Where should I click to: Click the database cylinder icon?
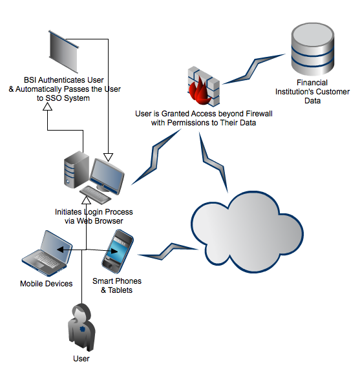pos(312,49)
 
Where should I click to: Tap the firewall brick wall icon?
pos(204,86)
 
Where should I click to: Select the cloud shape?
pos(247,231)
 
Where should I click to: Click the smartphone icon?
pos(118,251)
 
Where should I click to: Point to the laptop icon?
pos(47,253)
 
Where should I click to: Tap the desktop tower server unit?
pos(76,169)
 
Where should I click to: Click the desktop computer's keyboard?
pos(96,195)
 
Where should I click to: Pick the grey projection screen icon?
pos(64,52)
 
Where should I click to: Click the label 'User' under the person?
pos(81,359)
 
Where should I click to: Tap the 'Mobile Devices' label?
pos(47,284)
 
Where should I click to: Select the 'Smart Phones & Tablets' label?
pos(117,286)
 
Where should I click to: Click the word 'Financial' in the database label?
pos(312,83)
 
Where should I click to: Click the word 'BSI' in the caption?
pos(30,80)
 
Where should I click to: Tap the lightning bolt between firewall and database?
pos(254,69)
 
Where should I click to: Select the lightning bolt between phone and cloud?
pos(168,251)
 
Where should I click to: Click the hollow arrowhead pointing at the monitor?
pos(108,157)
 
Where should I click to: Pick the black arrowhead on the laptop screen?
pos(60,250)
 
